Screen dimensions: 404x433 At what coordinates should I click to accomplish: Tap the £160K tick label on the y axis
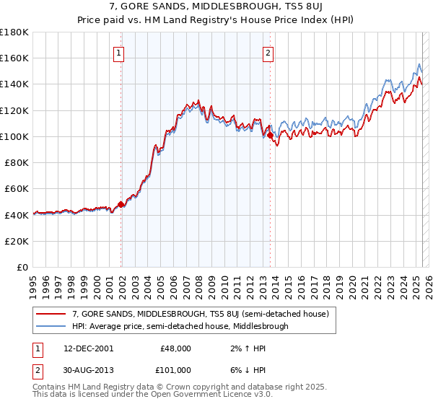coord(14,58)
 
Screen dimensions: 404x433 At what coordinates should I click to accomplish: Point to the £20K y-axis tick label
coord(17,241)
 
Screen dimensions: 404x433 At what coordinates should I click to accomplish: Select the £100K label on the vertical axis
coord(14,136)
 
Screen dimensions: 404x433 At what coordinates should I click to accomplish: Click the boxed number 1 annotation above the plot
coord(118,52)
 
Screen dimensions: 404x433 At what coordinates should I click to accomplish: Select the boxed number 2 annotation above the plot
coord(268,52)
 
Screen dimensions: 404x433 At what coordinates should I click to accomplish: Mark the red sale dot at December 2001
coord(121,204)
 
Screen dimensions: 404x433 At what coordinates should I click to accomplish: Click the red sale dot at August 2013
coord(270,135)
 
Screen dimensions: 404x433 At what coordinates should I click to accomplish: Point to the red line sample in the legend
coord(51,315)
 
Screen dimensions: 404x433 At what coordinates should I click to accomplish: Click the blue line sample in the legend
coord(51,326)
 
